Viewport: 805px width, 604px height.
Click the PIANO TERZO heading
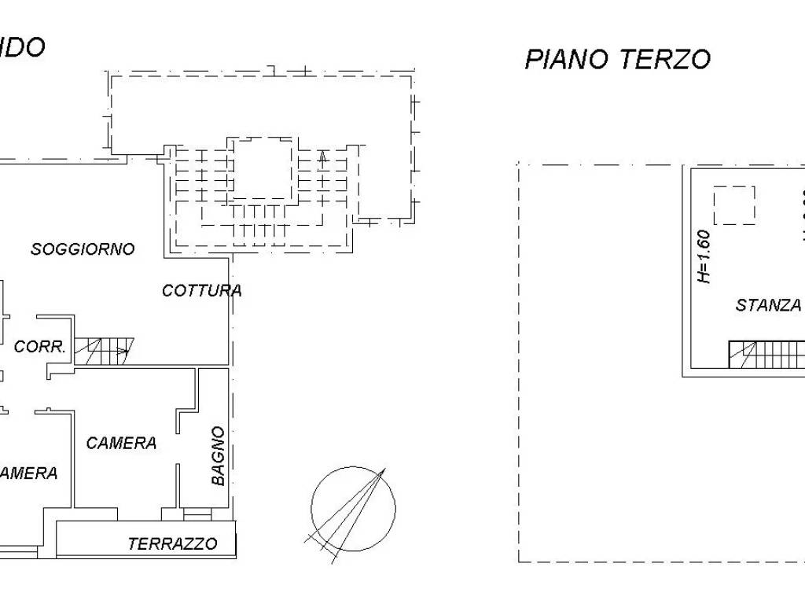click(x=617, y=59)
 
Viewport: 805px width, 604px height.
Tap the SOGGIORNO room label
click(x=83, y=249)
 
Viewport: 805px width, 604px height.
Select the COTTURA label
click(x=201, y=290)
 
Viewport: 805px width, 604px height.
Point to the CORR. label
click(x=39, y=347)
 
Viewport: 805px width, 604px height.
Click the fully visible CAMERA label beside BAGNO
click(x=121, y=443)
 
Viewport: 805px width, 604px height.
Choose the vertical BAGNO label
click(x=219, y=456)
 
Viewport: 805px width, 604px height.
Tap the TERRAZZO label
click(x=172, y=544)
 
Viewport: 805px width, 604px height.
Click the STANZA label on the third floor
click(x=768, y=305)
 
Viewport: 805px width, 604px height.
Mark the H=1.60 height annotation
click(x=704, y=256)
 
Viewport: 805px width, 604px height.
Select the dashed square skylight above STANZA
click(x=734, y=205)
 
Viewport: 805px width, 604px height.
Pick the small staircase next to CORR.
click(x=105, y=351)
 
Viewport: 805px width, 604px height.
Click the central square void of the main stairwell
click(x=265, y=168)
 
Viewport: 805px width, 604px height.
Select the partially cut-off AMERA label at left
click(x=28, y=473)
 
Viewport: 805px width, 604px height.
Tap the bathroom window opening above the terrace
click(x=197, y=514)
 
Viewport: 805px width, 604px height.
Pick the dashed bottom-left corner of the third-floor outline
click(x=520, y=561)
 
